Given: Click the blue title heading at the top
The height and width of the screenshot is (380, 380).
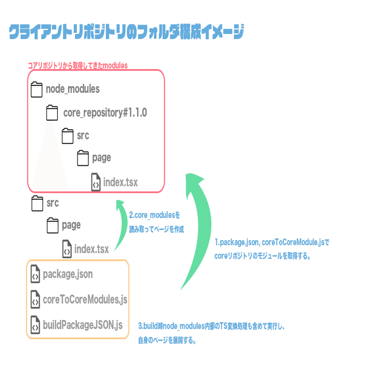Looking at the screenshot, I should click(x=126, y=32).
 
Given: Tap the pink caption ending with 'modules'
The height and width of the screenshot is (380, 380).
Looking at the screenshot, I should click(x=78, y=66).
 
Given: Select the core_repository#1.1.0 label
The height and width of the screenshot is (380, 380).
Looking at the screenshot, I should click(x=105, y=113).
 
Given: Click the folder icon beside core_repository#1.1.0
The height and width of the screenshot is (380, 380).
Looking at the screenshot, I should click(x=52, y=113).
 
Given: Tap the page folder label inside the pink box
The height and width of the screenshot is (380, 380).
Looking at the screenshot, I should click(x=101, y=157).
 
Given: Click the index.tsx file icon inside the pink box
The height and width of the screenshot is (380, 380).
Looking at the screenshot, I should click(x=96, y=182).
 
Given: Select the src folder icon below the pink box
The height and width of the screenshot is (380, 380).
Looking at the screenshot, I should click(x=37, y=203).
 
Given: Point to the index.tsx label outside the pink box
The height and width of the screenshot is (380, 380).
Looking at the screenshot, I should click(x=91, y=249).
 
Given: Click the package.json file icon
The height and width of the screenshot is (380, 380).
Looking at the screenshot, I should click(x=35, y=274).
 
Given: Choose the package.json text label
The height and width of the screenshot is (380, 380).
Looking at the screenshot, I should click(x=67, y=274).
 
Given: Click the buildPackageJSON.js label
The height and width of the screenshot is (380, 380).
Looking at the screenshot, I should click(x=83, y=325).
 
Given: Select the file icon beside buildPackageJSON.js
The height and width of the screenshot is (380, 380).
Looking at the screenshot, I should click(x=35, y=325).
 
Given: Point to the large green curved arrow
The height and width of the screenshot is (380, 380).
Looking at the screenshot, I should click(x=199, y=227).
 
